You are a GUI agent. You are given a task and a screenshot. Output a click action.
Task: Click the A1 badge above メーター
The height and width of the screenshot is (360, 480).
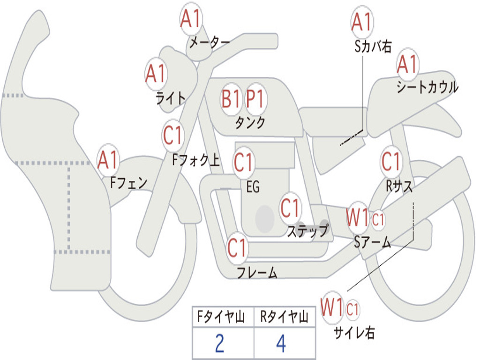pos(191,19)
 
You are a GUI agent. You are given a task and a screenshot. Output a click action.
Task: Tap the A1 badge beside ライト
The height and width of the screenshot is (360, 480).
pos(156,74)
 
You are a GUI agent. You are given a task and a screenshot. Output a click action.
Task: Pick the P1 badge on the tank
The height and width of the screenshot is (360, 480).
pos(256,99)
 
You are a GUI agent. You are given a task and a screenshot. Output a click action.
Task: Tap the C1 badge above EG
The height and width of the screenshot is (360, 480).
pos(243,162)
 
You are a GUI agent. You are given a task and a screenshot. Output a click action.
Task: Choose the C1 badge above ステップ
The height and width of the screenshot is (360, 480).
pos(290,208)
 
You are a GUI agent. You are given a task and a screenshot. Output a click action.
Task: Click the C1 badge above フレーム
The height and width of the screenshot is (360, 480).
pos(237,247)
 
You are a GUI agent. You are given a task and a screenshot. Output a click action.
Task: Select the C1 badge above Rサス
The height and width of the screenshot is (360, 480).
pos(391,162)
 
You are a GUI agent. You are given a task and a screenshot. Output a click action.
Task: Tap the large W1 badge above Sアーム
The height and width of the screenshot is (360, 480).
pos(357,218)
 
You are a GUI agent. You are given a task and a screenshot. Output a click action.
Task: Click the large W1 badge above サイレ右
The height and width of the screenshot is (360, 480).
pos(332,308)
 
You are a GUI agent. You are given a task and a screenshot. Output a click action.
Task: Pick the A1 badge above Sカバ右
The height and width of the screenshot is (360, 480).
pos(361,22)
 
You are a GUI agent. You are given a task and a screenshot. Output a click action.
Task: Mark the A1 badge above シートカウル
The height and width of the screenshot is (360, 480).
pos(407,64)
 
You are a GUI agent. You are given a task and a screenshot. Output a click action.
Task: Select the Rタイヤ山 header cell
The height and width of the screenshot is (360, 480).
pos(284,318)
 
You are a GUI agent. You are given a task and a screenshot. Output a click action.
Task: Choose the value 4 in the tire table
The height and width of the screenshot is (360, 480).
pos(281,344)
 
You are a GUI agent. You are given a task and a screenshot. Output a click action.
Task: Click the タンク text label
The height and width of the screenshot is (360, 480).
pos(250,122)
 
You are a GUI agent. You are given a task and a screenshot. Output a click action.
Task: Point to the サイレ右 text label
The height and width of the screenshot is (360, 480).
pos(354,333)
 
